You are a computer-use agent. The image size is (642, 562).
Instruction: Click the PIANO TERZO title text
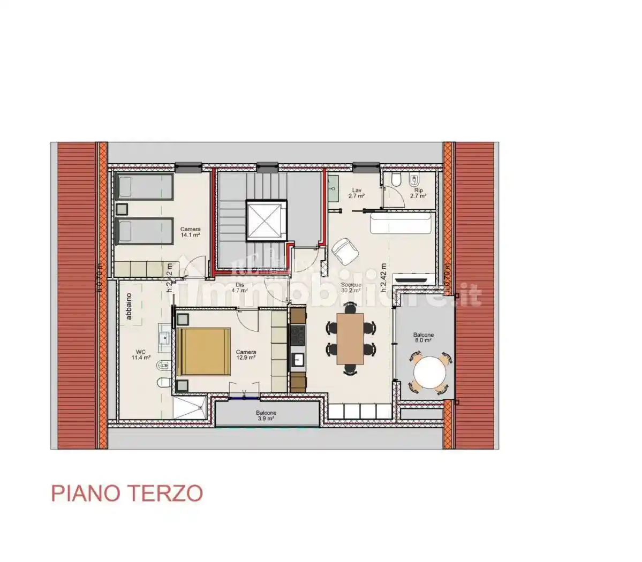coord(127,493)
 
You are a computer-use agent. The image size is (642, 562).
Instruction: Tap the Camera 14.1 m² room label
coord(190,232)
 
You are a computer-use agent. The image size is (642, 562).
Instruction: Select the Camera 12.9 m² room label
coord(246,354)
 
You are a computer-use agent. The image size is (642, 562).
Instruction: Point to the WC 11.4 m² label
coord(142,354)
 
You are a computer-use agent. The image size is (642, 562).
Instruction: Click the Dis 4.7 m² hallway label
coord(239,288)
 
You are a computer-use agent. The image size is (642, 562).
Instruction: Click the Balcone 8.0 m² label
coord(423,337)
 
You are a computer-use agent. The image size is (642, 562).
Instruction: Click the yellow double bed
coord(203,352)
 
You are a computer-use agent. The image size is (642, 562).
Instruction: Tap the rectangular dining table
coord(350,338)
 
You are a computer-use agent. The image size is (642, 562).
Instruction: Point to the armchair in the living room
coord(344,251)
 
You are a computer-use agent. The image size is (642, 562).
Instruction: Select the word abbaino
coord(129,306)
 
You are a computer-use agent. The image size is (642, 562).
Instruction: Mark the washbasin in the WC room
coord(164,337)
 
